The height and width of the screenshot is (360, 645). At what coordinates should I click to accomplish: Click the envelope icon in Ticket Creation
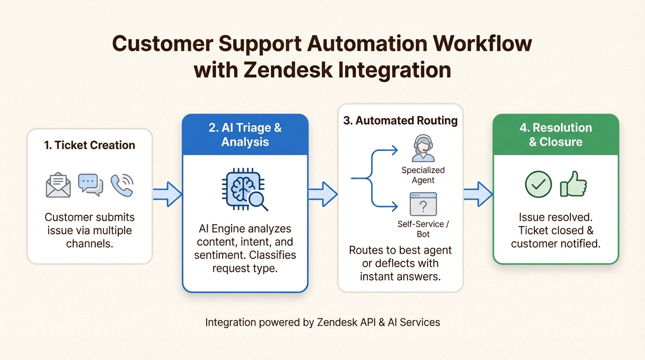click(58, 186)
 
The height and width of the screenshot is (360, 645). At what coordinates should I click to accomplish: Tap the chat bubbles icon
click(90, 185)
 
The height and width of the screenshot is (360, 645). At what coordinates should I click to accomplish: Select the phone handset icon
click(122, 185)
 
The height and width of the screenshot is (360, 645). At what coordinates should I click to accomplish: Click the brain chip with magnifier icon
click(245, 191)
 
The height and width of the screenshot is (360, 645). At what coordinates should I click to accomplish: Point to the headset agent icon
click(423, 149)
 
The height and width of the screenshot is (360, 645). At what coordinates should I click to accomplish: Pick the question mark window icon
click(423, 204)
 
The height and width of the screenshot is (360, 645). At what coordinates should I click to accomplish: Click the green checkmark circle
click(538, 184)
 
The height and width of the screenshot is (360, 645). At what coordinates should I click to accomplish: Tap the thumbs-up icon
click(573, 184)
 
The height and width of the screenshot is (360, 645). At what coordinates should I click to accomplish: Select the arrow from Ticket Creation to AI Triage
click(167, 194)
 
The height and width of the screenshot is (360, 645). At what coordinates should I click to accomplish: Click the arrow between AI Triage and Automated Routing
click(322, 194)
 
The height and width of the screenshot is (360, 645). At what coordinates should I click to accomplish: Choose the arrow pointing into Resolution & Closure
click(478, 194)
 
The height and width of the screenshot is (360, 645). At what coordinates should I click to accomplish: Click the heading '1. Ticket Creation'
click(90, 145)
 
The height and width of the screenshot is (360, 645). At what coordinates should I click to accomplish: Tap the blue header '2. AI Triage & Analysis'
click(245, 135)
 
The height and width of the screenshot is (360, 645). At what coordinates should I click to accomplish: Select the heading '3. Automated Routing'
click(400, 120)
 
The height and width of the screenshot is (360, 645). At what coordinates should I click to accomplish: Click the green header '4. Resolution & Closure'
click(555, 135)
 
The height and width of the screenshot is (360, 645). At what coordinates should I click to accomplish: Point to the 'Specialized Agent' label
click(423, 175)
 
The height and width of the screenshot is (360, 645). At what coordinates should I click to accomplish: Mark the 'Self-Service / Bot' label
click(423, 229)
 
